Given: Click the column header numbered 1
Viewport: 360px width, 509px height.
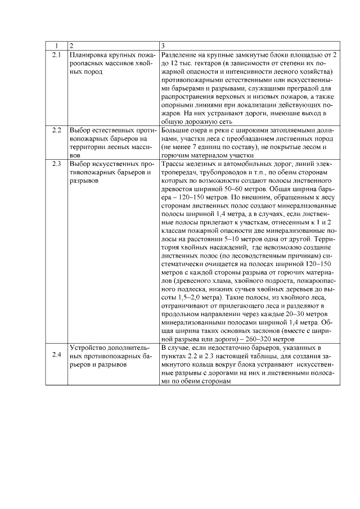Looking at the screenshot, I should (x=56, y=45).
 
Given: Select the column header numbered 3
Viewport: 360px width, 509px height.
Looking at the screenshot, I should (x=163, y=45).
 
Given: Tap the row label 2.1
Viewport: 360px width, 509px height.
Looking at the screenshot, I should (x=56, y=55).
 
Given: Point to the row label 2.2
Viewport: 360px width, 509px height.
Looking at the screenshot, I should (x=56, y=130).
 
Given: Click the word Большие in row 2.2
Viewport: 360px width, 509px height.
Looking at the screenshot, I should (x=175, y=130).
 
